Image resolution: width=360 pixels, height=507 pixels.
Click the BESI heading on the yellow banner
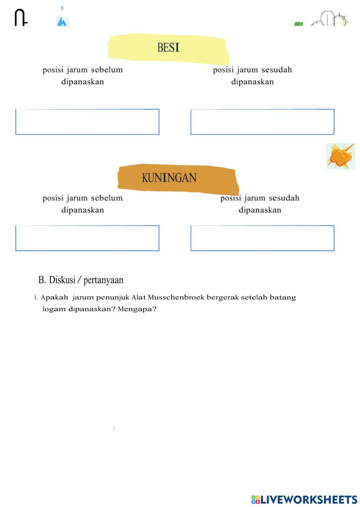(x=168, y=47)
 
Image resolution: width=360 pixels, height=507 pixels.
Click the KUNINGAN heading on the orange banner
(x=169, y=178)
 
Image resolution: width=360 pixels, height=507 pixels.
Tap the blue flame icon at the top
(x=62, y=21)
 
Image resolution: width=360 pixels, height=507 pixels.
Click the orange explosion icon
(x=340, y=157)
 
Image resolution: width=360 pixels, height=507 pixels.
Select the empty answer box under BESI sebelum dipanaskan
(x=87, y=122)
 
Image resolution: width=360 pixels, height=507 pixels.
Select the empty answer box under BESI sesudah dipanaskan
(x=262, y=122)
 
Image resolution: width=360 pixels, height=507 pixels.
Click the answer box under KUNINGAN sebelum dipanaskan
(x=87, y=238)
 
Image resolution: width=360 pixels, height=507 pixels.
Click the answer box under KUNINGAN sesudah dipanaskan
(x=262, y=238)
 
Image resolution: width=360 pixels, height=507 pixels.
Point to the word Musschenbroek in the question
(x=176, y=298)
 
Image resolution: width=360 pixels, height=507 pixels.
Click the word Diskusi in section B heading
(x=62, y=280)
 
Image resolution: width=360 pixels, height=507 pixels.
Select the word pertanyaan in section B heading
(x=103, y=280)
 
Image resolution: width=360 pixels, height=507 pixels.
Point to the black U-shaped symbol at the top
(x=21, y=18)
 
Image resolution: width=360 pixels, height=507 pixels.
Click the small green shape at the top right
(x=298, y=24)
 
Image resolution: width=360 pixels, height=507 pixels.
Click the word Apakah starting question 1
(x=54, y=298)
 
